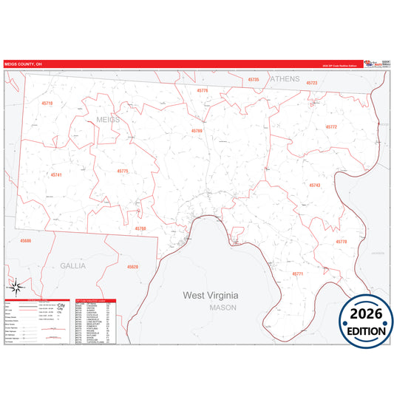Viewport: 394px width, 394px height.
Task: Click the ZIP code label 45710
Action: [x=47, y=103]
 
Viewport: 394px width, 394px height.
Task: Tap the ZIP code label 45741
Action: [x=56, y=174]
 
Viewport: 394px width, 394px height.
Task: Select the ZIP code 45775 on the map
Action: [x=123, y=171]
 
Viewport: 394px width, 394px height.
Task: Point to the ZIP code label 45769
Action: [x=197, y=131]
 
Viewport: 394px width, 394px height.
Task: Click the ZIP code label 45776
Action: [x=203, y=90]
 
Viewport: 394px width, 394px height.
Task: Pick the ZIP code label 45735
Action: [x=254, y=79]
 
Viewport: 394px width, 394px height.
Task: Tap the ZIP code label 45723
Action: [x=312, y=84]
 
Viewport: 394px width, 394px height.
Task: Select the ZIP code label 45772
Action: [x=331, y=127]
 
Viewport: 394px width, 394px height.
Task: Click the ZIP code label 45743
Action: [x=315, y=185]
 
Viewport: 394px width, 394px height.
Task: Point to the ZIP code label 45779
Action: [x=341, y=242]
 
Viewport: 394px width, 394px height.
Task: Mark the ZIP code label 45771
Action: [x=298, y=274]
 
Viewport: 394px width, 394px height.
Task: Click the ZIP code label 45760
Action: [x=140, y=228]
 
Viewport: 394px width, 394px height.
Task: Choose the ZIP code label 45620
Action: [x=132, y=266]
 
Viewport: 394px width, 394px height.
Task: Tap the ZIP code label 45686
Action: [x=26, y=241]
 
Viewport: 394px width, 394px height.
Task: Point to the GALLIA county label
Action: [x=73, y=264]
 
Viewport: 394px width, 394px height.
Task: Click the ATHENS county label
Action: [x=285, y=78]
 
